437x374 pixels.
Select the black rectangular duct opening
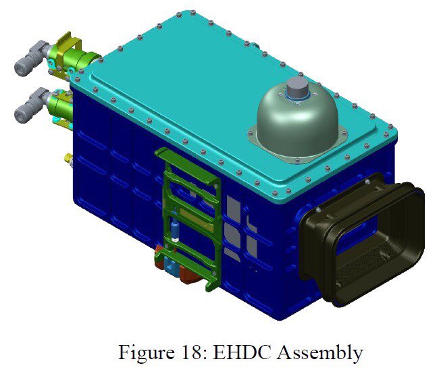click(x=362, y=240)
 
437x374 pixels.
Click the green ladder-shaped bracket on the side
click(x=190, y=217)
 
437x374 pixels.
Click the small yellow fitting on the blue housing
click(x=68, y=159)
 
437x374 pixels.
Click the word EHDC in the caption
click(x=242, y=352)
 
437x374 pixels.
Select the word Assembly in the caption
click(x=319, y=353)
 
